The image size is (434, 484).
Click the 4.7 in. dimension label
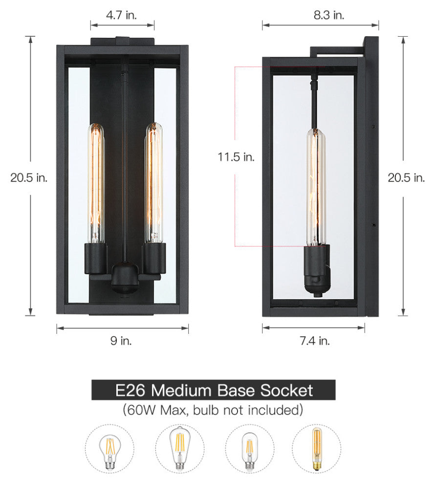click(122, 15)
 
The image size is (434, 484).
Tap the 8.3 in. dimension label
click(329, 15)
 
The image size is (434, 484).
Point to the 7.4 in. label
click(315, 341)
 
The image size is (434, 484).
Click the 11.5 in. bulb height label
click(237, 157)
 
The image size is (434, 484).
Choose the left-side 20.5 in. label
click(29, 177)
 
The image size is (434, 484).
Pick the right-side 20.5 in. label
click(406, 177)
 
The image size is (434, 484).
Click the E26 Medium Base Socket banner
click(214, 390)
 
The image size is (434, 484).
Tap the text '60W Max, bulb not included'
click(213, 409)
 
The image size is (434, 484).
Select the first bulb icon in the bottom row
click(110, 448)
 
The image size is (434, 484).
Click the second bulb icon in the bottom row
click(180, 448)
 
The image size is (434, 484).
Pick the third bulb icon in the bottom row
click(249, 448)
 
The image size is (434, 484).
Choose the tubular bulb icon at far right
click(317, 448)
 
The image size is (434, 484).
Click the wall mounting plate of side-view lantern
click(371, 176)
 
